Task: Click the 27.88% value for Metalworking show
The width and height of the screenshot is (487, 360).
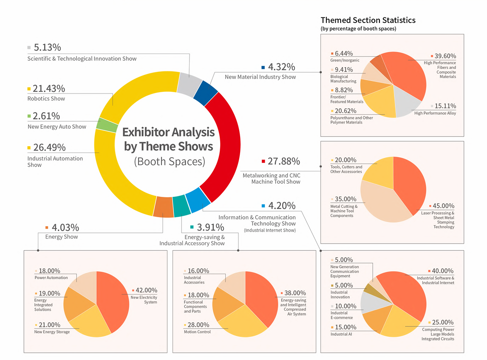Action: coord(284,162)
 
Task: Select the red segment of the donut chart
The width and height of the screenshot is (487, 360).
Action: coord(223,145)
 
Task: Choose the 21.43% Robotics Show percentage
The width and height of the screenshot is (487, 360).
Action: coord(49,89)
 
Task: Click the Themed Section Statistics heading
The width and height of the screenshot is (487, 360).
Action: coord(368,20)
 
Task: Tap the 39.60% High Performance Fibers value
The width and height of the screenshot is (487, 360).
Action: coord(445,56)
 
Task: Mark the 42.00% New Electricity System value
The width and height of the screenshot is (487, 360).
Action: coord(146,290)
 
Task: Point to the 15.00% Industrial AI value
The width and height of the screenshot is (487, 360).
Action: coord(345,327)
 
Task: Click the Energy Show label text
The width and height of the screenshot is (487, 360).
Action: coord(62,237)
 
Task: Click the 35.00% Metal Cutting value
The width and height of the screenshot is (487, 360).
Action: coord(345,199)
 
